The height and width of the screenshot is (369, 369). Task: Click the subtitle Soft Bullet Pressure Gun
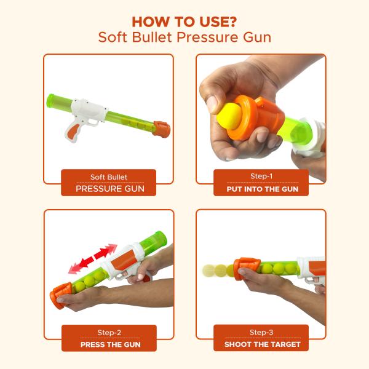(x=184, y=38)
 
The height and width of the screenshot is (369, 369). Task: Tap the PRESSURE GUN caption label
(x=109, y=189)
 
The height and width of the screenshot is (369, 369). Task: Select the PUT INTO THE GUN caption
(x=262, y=189)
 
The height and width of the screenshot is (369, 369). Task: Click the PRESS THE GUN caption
(x=109, y=344)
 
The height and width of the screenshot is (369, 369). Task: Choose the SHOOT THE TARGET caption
(x=262, y=344)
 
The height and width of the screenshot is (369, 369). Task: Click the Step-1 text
(x=262, y=177)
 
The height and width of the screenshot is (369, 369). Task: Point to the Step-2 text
(x=109, y=332)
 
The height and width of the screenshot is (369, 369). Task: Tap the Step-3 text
(x=262, y=332)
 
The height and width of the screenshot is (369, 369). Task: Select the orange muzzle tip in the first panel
(x=161, y=129)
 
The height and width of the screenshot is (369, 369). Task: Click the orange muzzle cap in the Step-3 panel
(x=246, y=269)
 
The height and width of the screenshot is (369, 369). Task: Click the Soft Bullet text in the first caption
(x=109, y=177)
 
